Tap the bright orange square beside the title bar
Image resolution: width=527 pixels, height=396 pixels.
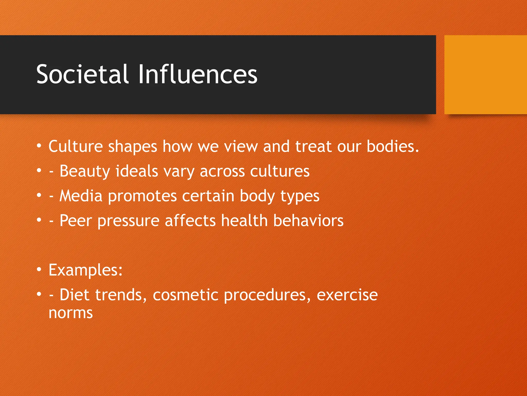point(485,75)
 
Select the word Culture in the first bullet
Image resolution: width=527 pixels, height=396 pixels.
point(75,146)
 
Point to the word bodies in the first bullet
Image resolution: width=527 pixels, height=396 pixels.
point(392,146)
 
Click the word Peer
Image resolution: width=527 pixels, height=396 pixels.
point(76,221)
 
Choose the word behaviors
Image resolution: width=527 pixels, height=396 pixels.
point(308,221)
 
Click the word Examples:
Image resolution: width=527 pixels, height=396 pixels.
point(85,271)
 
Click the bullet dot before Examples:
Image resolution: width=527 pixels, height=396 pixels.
point(39,270)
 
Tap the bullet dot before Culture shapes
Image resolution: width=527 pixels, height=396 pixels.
point(39,146)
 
